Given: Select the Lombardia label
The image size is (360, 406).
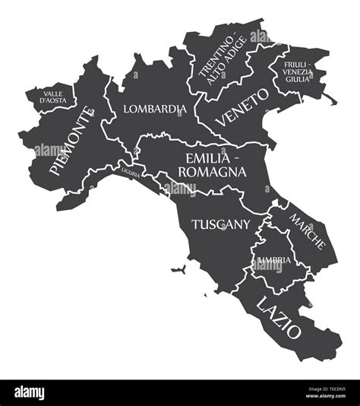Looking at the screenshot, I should [154, 109].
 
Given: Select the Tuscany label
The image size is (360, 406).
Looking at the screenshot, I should [221, 224].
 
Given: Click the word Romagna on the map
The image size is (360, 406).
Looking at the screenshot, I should [213, 173].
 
